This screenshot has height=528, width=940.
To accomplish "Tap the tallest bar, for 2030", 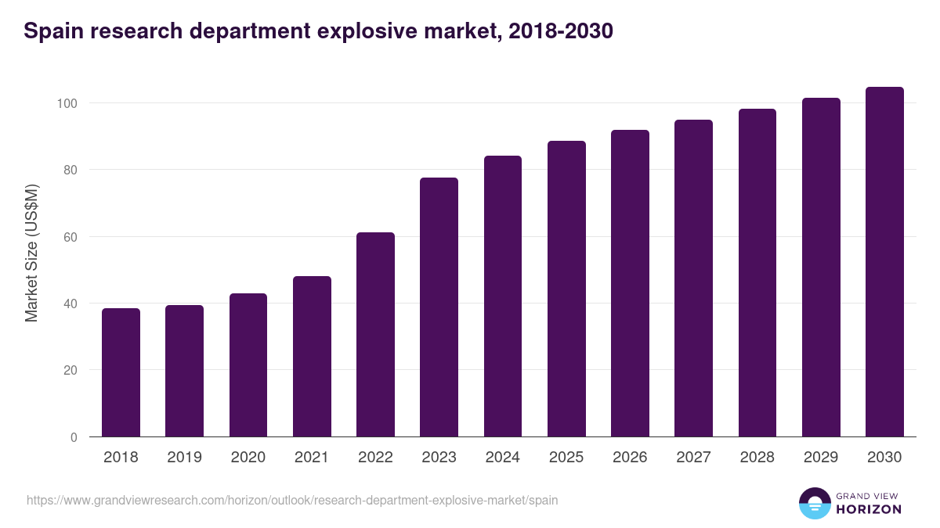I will [884, 262].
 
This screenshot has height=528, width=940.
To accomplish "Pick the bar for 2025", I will [566, 289].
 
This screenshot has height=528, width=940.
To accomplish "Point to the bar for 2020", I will [248, 365].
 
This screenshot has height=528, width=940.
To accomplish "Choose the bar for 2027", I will [693, 278].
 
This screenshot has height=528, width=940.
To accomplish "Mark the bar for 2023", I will [439, 307].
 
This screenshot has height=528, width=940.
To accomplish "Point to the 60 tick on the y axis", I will [70, 237].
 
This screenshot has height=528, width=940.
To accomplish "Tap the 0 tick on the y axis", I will [74, 437].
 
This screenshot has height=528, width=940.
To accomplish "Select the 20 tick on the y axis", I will [70, 370].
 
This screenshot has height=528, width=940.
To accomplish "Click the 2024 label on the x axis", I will [502, 458].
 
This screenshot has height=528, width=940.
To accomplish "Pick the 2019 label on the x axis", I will [184, 458].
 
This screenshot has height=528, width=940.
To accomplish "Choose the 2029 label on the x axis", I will [820, 458].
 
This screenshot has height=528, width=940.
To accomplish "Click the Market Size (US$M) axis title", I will [31, 253].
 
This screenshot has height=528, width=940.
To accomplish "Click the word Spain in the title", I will [51, 31].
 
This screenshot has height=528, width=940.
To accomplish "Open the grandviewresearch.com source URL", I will [292, 500].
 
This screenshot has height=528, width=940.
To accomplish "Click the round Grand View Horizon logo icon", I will [814, 503].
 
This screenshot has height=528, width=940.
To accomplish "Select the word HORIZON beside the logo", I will [869, 509].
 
